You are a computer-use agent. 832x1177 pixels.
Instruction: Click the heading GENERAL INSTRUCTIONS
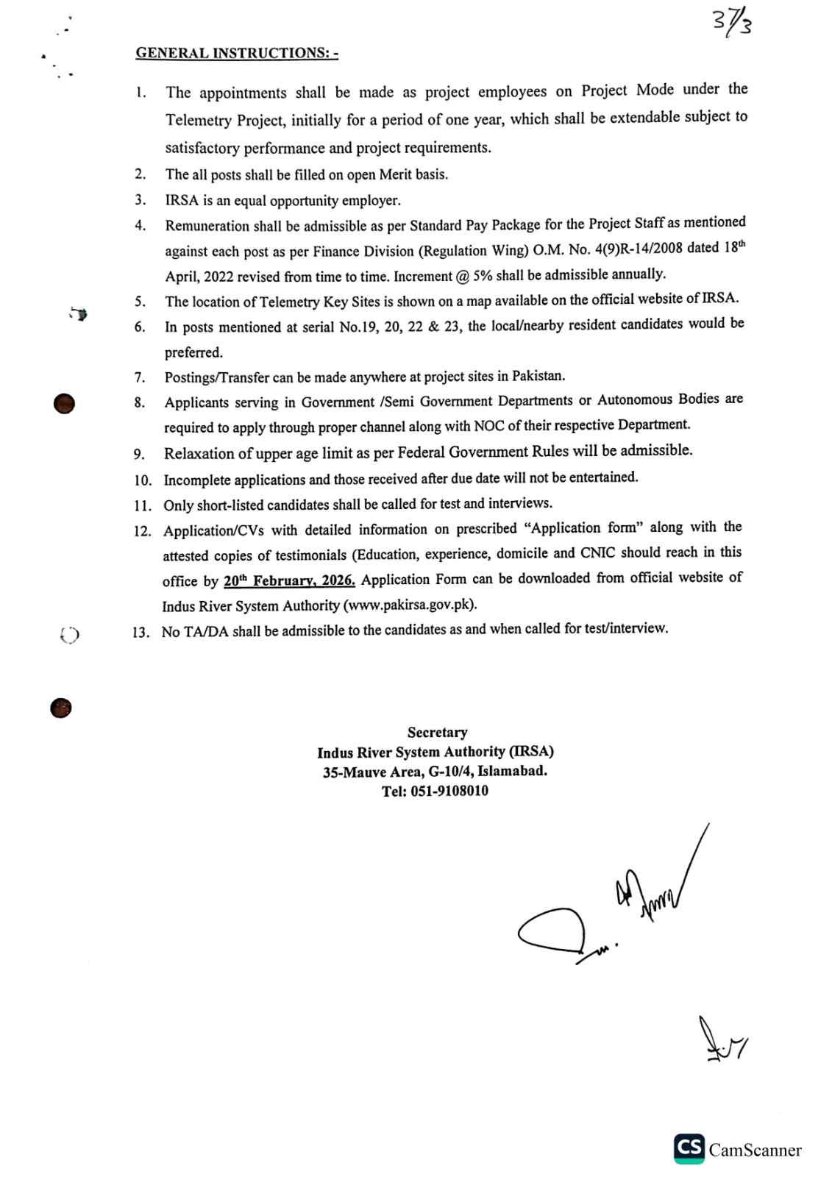tap(236, 53)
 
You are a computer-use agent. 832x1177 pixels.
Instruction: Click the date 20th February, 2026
tap(289, 580)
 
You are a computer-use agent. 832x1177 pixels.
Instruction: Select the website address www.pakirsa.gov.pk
tap(409, 605)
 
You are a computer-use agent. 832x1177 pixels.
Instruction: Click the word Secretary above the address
tap(437, 733)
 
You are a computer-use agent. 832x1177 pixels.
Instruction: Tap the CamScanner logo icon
tap(689, 1149)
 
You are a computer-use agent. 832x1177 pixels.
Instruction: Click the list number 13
tap(141, 632)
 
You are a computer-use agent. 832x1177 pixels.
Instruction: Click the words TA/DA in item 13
tap(207, 631)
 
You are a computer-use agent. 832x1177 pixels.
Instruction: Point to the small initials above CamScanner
tap(722, 1042)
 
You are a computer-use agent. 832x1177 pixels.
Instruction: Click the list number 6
tap(140, 327)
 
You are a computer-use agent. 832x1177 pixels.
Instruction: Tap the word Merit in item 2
tap(395, 174)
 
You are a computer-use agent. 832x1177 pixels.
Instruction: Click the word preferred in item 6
tap(193, 352)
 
